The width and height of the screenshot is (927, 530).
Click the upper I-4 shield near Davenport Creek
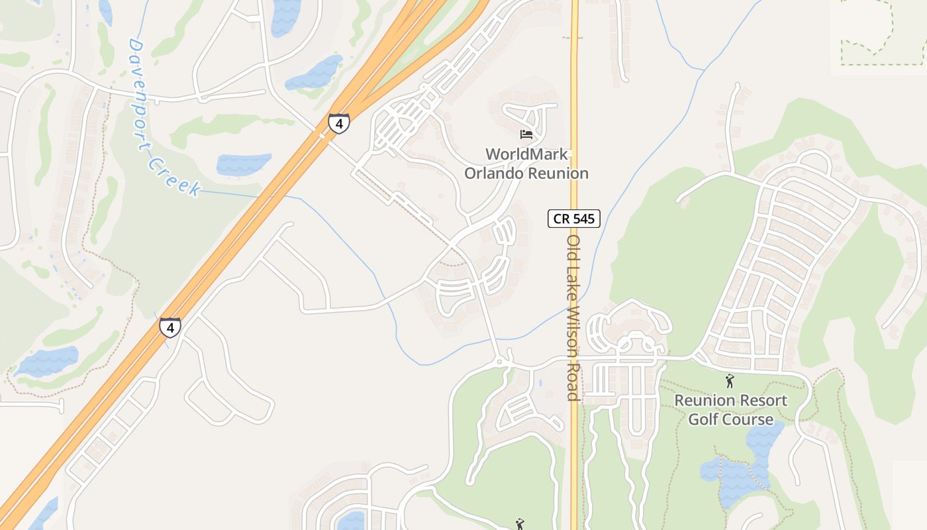[338, 123]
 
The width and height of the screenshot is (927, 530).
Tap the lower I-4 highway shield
[170, 327]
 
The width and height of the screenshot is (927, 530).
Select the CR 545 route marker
[574, 218]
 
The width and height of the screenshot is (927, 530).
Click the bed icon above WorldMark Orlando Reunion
[526, 134]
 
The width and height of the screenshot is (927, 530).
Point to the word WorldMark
[526, 154]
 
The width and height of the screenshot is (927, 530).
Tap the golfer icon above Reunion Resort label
[730, 381]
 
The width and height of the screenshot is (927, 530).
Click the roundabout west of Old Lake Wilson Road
[500, 362]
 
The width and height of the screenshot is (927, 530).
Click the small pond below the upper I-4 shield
[244, 164]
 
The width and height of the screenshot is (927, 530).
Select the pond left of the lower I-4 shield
[46, 362]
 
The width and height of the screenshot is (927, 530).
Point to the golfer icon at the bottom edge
[520, 524]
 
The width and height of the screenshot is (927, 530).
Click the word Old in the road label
[573, 248]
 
